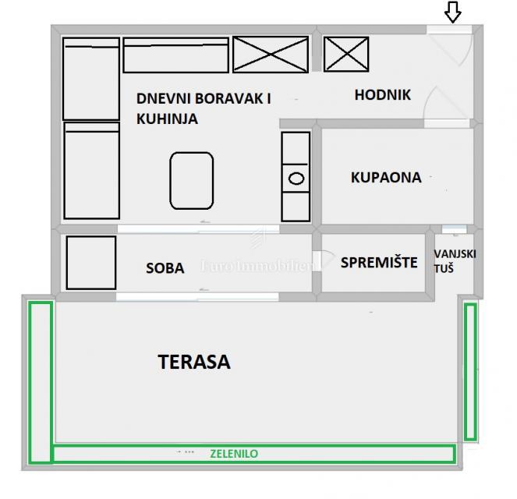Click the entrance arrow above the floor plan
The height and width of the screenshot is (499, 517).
(453, 12)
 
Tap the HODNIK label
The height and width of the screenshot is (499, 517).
(382, 95)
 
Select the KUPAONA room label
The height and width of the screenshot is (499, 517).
(386, 177)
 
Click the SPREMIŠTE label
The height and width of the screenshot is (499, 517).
(379, 262)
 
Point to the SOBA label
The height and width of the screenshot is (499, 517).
(165, 268)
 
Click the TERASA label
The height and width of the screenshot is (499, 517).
(194, 362)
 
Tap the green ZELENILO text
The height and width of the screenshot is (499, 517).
(234, 454)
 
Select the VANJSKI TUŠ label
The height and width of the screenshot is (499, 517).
(455, 261)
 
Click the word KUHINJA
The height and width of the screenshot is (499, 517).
(167, 119)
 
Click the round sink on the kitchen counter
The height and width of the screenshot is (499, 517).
(296, 179)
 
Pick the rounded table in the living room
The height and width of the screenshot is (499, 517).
(192, 181)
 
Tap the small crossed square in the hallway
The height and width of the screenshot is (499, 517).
(346, 54)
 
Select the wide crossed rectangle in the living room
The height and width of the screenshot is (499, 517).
(271, 55)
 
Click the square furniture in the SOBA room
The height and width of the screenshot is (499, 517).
(91, 263)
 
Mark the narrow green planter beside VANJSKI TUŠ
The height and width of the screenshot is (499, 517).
(470, 372)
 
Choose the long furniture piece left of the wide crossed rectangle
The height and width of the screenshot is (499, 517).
(175, 55)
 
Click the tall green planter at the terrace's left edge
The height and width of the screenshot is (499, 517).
(41, 382)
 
